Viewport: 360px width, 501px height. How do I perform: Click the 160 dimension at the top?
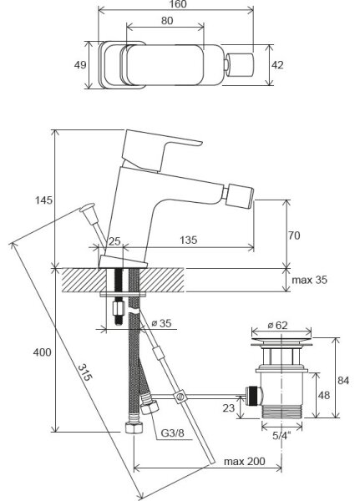[179, 4]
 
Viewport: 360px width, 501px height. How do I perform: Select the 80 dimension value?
[167, 21]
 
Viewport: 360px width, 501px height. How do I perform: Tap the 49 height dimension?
[80, 65]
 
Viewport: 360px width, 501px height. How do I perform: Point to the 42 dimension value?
[277, 65]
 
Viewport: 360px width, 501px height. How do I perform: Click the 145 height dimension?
[43, 200]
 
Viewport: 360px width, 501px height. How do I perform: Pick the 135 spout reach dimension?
[188, 240]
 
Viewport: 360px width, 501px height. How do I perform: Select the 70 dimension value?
[294, 235]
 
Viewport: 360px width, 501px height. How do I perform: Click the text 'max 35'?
[310, 280]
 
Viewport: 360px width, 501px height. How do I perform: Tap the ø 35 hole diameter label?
[161, 323]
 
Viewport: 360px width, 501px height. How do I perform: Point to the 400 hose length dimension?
[43, 352]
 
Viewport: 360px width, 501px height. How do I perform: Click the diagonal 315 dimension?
[85, 372]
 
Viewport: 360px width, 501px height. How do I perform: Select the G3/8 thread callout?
[172, 433]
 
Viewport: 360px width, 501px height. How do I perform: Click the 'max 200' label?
[245, 462]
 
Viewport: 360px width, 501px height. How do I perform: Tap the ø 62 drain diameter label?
[277, 326]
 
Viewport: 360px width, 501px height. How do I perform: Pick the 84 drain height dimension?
[343, 381]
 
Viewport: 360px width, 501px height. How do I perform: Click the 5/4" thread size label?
[282, 436]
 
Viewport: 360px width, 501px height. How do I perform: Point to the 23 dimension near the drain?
[229, 407]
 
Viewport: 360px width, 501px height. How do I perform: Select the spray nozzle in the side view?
[241, 196]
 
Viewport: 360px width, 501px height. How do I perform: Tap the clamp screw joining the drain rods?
[180, 397]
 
